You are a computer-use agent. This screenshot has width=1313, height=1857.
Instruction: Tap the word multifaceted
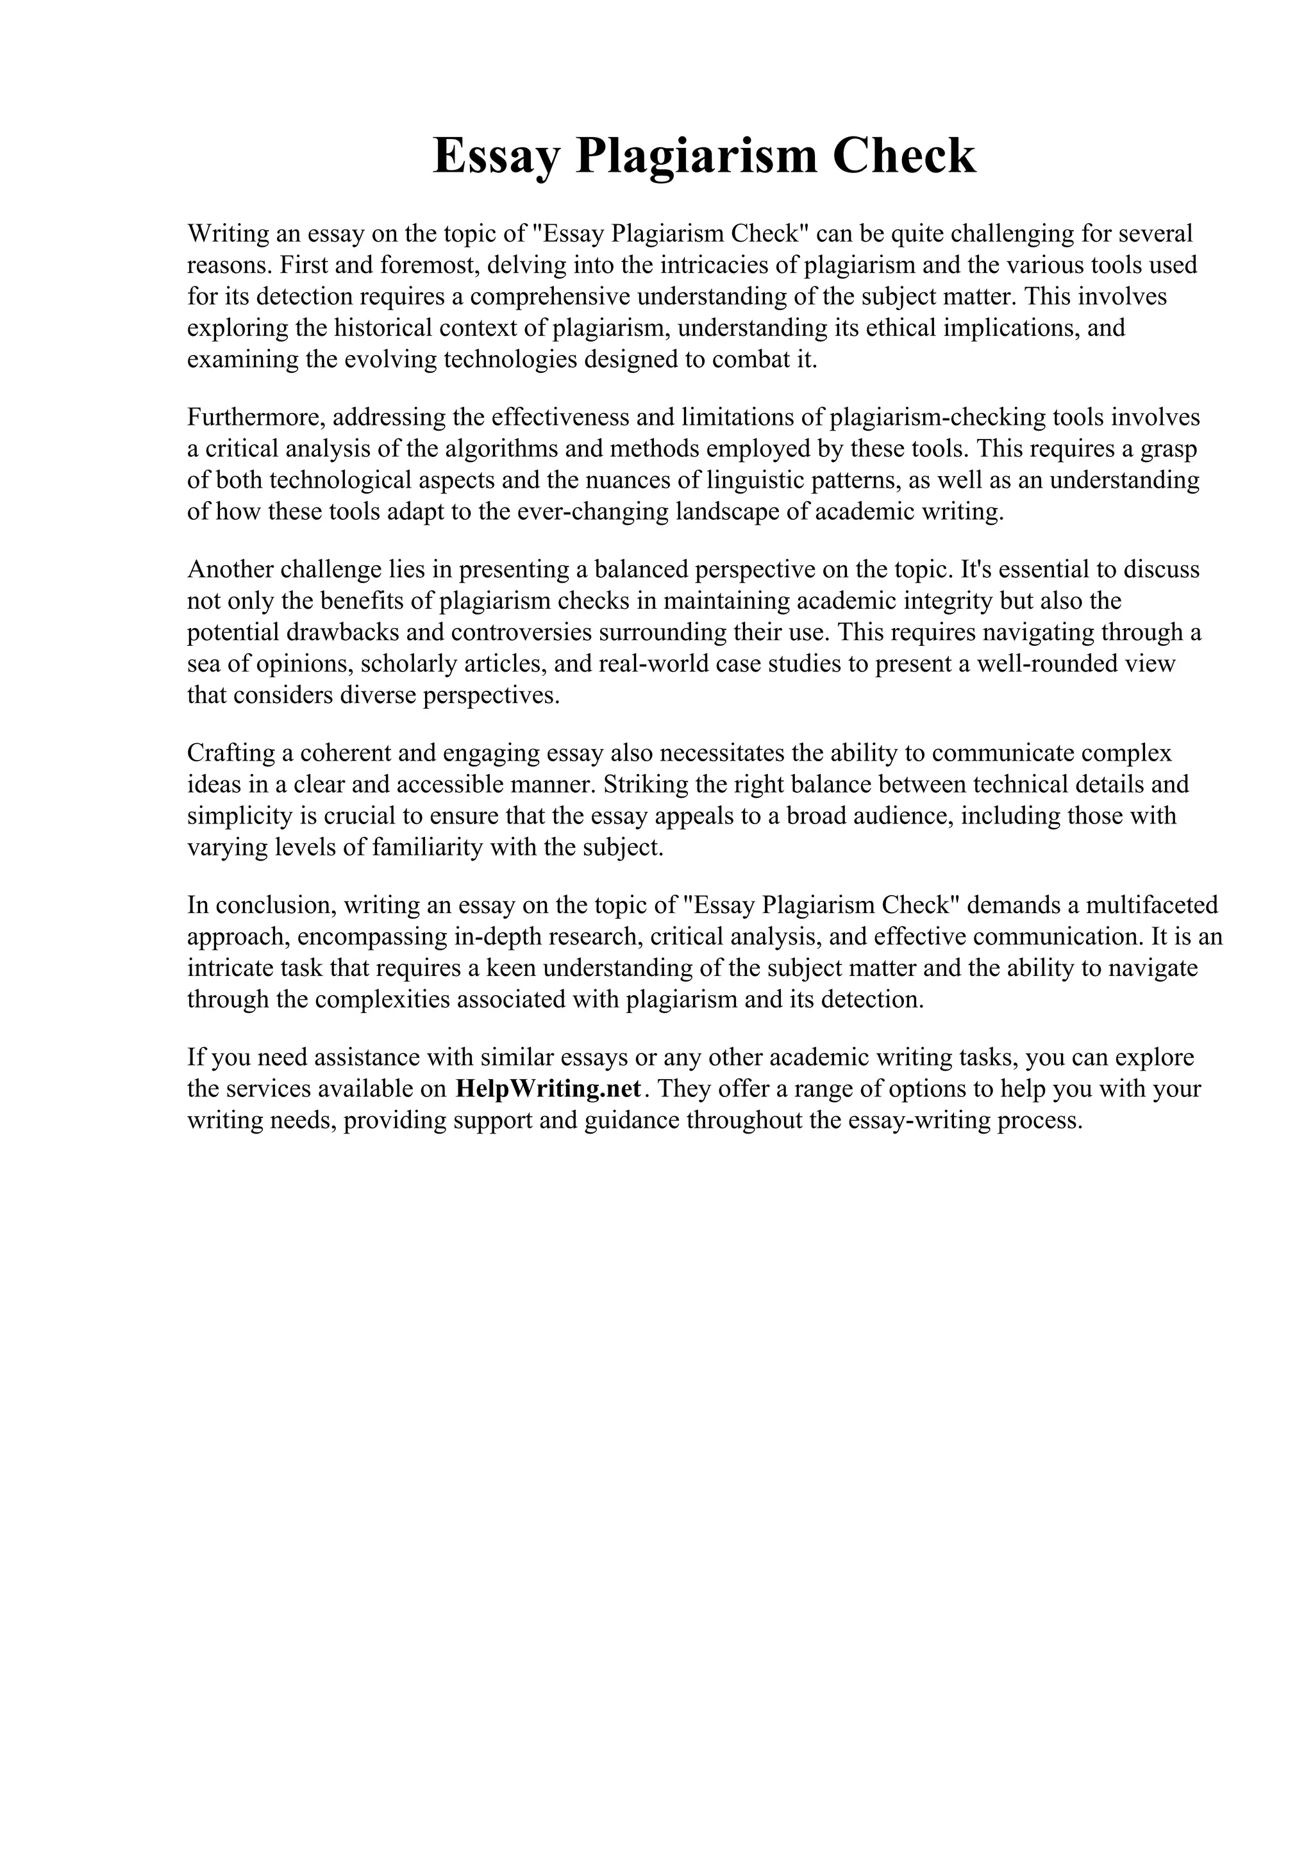1151,904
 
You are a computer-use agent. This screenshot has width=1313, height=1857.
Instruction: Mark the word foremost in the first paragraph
426,265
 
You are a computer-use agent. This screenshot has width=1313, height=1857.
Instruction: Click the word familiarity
437,848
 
